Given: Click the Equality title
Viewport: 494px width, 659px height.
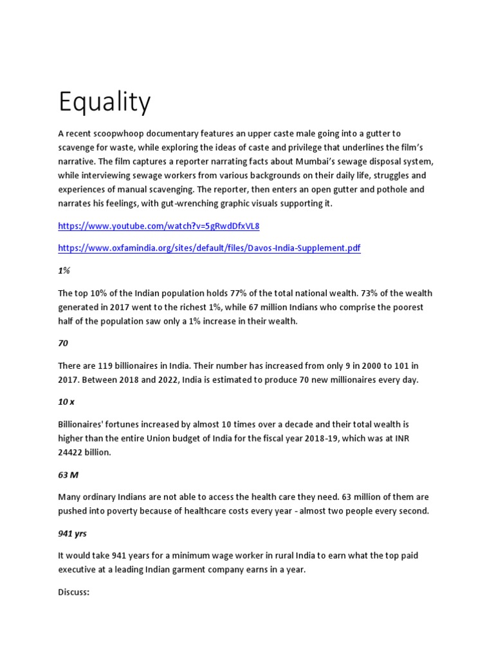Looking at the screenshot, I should [x=105, y=102].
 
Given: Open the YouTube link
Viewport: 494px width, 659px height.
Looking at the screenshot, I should [x=158, y=227].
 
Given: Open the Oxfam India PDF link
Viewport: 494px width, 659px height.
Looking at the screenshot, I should [x=209, y=248].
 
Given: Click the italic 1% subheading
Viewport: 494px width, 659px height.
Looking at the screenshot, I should [x=64, y=272].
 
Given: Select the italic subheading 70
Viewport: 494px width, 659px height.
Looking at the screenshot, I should [x=63, y=344].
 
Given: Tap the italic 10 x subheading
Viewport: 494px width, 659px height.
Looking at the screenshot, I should [x=66, y=402].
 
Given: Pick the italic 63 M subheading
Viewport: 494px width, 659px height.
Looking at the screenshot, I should [x=68, y=474].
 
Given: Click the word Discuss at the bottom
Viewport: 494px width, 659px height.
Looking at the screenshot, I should [x=73, y=591].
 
